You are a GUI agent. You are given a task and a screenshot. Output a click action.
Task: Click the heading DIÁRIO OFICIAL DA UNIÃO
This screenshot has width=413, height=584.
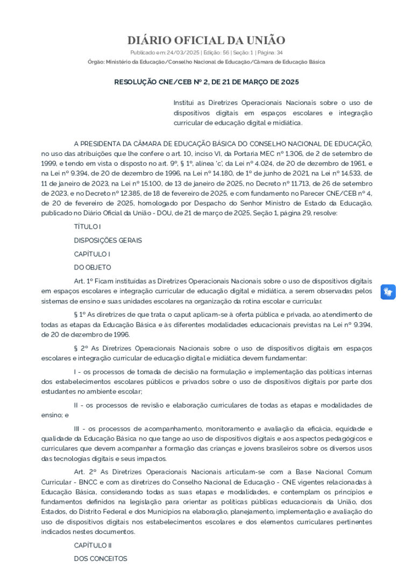(x=206, y=40)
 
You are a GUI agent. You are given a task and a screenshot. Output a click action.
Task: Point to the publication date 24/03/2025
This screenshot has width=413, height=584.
(x=185, y=53)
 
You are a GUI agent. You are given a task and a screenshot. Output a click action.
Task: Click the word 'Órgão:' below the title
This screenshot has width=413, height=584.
(x=96, y=62)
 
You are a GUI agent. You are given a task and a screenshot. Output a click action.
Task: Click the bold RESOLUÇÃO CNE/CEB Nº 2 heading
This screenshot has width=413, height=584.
(x=206, y=82)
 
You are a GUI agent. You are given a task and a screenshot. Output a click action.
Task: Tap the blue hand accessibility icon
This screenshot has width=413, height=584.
(x=388, y=292)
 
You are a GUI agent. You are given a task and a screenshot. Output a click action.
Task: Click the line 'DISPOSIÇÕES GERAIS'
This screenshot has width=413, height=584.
(x=108, y=240)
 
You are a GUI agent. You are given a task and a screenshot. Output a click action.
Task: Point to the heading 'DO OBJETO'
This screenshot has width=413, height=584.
(x=92, y=267)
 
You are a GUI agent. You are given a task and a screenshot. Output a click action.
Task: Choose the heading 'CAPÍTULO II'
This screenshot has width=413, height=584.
(x=92, y=545)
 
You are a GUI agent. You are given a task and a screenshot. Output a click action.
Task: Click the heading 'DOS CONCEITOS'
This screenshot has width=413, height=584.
(x=101, y=559)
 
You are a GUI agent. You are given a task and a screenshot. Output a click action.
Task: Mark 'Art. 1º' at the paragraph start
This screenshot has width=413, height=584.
(x=84, y=281)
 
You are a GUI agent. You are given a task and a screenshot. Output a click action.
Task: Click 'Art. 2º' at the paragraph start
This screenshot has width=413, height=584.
(x=84, y=472)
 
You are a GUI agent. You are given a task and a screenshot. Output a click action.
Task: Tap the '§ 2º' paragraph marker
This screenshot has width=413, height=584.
(x=81, y=348)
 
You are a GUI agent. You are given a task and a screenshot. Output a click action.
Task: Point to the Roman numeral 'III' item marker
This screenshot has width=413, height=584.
(x=78, y=429)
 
